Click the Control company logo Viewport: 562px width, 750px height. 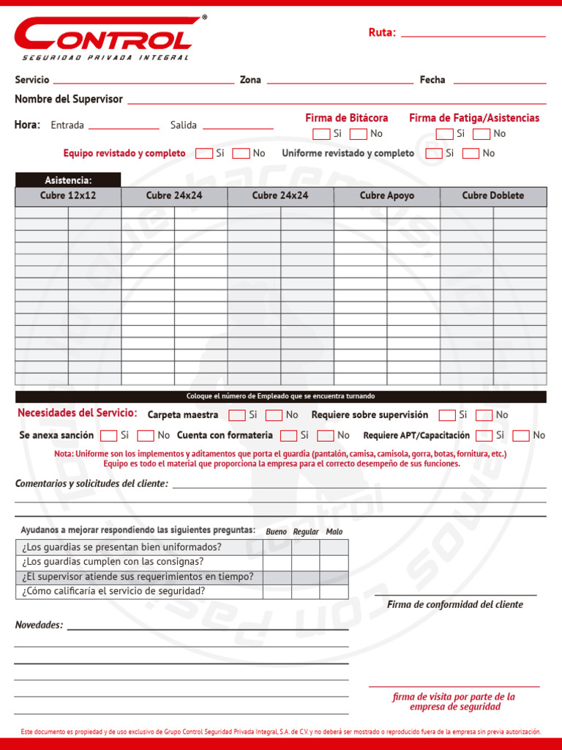[107, 38]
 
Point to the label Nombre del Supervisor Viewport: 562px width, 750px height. [69, 99]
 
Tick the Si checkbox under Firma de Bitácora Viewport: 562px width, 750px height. [321, 134]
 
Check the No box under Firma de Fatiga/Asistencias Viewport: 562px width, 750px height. [482, 134]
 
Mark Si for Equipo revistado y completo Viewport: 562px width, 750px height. [204, 154]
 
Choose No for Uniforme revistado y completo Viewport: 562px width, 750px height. [471, 154]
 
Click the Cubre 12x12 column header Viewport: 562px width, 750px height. [68, 196]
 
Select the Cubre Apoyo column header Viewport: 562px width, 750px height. [386, 196]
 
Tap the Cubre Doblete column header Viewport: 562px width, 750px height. [492, 196]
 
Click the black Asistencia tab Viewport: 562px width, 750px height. [68, 180]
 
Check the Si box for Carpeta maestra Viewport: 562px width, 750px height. [237, 415]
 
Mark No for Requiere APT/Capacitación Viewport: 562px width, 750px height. [521, 436]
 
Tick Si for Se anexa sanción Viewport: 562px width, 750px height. [109, 436]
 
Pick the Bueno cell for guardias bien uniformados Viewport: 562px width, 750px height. [277, 547]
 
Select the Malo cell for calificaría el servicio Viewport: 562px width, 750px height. [334, 591]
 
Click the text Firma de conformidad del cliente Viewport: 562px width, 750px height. [454, 604]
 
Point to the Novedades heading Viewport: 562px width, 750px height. [39, 625]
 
